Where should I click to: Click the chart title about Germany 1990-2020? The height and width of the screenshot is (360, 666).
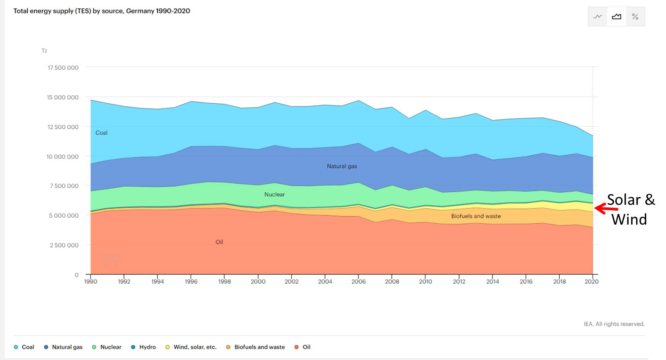pos(101,11)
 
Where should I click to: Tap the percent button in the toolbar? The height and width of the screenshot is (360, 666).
pos(635,17)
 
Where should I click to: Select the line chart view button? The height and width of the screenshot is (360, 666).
pos(597,17)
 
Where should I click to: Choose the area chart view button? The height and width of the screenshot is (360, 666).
pos(616,17)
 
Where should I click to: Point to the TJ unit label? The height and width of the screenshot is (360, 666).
pos(44,51)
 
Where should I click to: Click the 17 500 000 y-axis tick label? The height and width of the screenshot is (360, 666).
pos(63,68)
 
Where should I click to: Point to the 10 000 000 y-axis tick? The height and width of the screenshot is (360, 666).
pos(62,156)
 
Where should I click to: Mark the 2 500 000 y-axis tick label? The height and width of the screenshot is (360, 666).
pos(64,245)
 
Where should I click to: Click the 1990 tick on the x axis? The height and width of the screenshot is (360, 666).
pos(90,281)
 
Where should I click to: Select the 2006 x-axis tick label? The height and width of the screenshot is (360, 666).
pos(358,281)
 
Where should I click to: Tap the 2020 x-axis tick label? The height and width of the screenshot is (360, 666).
pos(592,281)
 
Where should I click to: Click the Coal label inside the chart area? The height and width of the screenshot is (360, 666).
pos(101,133)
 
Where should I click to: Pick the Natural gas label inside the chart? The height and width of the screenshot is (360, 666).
pos(342,166)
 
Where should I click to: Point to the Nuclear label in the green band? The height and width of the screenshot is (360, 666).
pos(275,195)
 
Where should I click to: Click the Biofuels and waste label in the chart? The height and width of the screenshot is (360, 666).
pos(476,216)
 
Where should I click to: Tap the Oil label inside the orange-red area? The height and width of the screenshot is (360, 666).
pos(219,242)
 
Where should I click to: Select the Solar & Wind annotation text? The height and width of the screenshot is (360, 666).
pos(630,210)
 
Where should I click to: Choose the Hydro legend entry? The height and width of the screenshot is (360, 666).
pos(144,347)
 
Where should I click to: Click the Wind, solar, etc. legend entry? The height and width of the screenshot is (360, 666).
pos(191,347)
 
